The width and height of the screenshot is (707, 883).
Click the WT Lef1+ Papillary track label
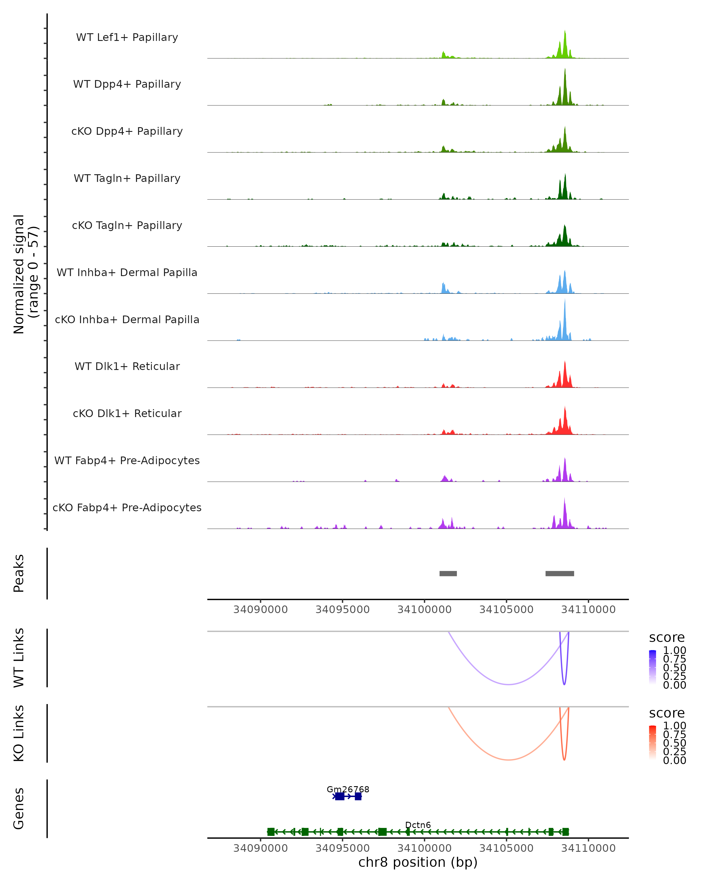(127, 37)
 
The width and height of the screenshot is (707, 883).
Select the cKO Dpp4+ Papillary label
(127, 132)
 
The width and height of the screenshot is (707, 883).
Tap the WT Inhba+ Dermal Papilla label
(127, 273)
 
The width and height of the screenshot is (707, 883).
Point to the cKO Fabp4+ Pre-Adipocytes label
(127, 508)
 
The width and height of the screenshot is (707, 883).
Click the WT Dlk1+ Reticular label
(127, 366)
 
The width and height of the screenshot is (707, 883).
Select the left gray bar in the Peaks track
(448, 574)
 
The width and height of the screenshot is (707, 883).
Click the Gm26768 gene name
(348, 789)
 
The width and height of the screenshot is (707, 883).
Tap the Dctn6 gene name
(418, 825)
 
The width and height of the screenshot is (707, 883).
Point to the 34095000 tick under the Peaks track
(343, 610)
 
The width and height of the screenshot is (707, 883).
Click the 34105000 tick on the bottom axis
(507, 848)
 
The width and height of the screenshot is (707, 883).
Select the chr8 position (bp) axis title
(418, 862)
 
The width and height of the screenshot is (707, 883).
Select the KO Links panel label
(19, 733)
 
